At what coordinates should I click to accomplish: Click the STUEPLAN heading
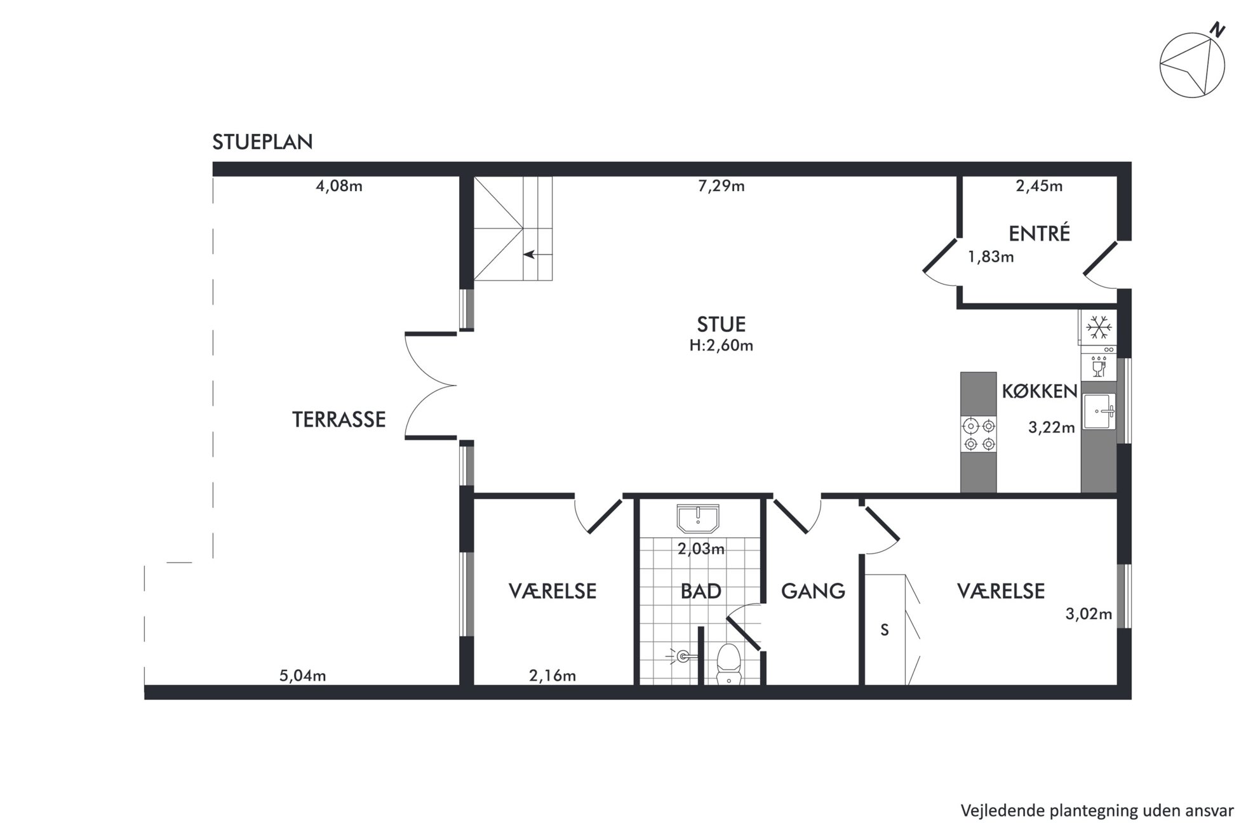[x=262, y=142]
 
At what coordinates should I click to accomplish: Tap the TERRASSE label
[x=338, y=420]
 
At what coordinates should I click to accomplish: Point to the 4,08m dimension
[x=339, y=186]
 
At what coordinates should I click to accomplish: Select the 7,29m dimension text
[x=721, y=186]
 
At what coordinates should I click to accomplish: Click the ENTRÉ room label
[x=1040, y=233]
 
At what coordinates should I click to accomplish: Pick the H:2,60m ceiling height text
[x=721, y=346]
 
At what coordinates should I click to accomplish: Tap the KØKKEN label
[x=1040, y=391]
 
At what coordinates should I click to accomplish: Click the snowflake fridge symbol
[x=1099, y=328]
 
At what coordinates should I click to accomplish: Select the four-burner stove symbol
[x=979, y=434]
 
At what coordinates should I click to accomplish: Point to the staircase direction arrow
[x=530, y=255]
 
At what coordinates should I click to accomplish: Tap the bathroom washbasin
[x=698, y=519]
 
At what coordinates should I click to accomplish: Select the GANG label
[x=813, y=591]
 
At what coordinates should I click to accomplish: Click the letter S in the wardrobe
[x=885, y=630]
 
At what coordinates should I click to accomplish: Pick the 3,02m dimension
[x=1089, y=614]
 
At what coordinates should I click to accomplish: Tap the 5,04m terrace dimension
[x=303, y=676]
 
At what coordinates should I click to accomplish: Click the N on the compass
[x=1217, y=30]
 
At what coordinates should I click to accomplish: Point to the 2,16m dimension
[x=553, y=676]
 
